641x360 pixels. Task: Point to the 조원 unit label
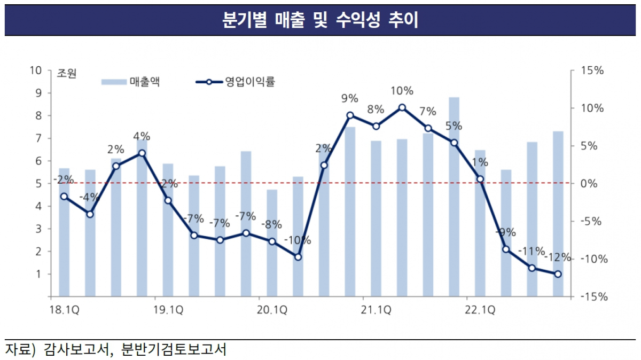tap(67, 74)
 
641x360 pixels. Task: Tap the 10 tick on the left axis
tap(36, 71)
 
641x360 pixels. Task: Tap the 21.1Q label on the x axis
tap(376, 309)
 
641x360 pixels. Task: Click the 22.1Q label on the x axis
tap(480, 309)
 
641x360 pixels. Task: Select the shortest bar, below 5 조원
tap(272, 242)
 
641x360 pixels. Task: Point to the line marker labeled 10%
tap(402, 107)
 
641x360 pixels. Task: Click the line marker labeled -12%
tap(558, 274)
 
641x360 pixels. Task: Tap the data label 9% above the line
tap(349, 99)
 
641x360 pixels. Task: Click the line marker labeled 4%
tap(142, 153)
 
